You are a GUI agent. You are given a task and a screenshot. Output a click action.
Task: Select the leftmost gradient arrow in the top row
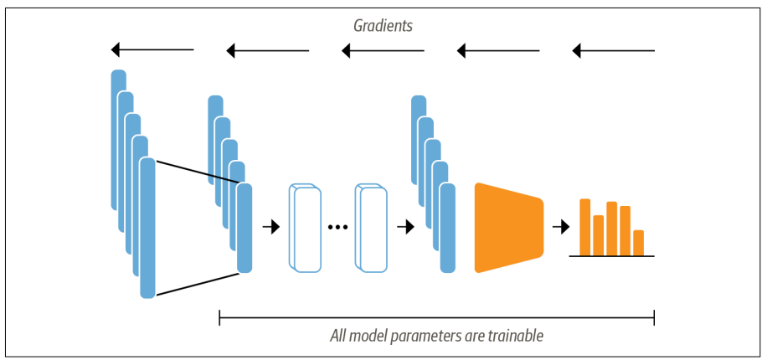tap(152, 51)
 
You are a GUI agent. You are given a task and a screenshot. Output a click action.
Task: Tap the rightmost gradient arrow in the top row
tap(613, 51)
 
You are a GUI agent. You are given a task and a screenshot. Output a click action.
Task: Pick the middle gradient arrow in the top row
tap(383, 51)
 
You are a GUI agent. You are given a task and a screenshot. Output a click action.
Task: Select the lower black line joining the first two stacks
tap(196, 283)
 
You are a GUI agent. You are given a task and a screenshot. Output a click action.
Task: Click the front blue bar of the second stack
tap(245, 228)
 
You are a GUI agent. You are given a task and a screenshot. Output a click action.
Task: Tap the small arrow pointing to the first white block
tap(270, 227)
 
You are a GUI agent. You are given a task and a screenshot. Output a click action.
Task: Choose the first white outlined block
tap(306, 227)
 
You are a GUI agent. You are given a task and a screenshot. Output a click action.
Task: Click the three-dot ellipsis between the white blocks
tap(337, 227)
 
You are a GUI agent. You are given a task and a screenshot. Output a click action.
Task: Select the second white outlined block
tap(372, 227)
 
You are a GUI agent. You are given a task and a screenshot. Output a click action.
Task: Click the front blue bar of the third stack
tap(448, 228)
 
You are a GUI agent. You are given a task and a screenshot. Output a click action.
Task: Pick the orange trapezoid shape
tap(507, 227)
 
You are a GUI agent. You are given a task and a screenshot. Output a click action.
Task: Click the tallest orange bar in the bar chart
tap(585, 227)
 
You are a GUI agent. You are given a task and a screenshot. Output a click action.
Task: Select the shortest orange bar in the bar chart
tap(639, 242)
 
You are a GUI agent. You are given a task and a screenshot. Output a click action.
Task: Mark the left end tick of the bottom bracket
tap(219, 317)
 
